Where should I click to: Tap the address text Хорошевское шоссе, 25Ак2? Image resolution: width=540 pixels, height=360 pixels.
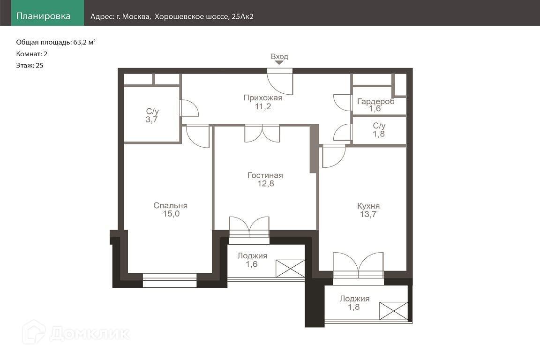(x=204, y=16)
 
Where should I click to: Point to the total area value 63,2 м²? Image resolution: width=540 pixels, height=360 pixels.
(x=84, y=42)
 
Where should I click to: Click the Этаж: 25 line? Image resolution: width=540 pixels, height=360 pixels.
(x=30, y=66)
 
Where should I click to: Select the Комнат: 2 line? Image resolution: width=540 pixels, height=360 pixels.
(x=32, y=54)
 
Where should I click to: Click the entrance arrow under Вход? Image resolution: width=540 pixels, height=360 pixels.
(x=279, y=63)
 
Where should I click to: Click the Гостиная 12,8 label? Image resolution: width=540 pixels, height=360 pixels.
(x=265, y=180)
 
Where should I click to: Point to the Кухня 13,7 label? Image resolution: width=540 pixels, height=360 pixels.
(x=368, y=210)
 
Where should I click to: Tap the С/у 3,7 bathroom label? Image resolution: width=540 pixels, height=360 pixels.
(x=152, y=115)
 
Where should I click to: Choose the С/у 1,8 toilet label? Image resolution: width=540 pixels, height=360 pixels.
(x=379, y=130)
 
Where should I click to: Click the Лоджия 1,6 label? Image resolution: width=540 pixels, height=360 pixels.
(x=252, y=260)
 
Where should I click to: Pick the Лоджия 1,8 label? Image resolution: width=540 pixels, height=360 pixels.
(x=354, y=303)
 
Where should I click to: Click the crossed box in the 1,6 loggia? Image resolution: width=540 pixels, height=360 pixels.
(x=290, y=269)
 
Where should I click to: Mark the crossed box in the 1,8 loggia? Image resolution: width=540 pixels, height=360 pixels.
(x=394, y=311)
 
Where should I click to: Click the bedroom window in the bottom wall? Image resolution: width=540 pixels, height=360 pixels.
(x=169, y=280)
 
